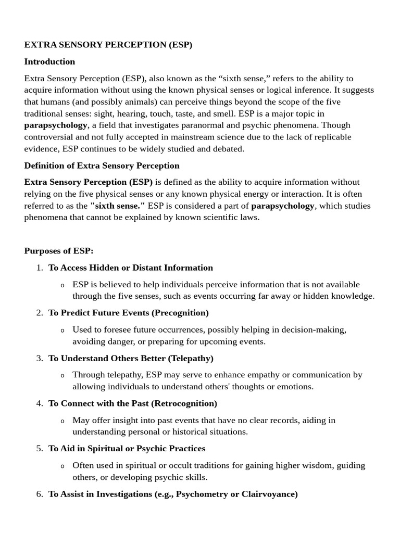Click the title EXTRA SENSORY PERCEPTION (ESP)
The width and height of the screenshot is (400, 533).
[x=108, y=45]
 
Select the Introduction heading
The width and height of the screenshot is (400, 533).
[x=49, y=61]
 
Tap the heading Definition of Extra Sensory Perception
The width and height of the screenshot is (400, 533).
[x=102, y=166]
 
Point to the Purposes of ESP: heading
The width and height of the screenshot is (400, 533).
[x=59, y=250]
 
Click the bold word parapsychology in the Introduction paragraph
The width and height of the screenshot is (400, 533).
[x=56, y=125]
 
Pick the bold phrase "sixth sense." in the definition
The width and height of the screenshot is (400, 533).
[x=118, y=206]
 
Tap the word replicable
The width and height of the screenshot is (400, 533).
[x=327, y=137]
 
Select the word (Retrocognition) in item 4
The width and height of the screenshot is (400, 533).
[x=187, y=403]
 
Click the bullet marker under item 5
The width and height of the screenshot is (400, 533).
[x=63, y=466]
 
